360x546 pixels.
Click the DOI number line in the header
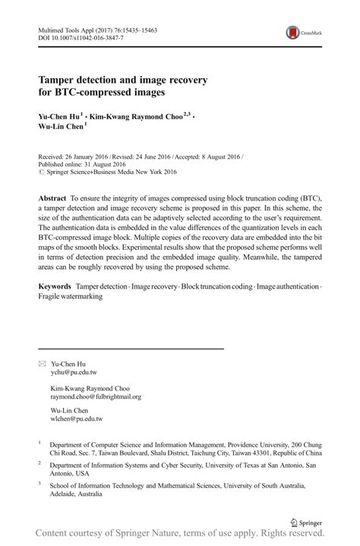pos(74,36)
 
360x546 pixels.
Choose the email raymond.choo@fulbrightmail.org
pos(96,396)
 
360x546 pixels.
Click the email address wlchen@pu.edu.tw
pos(76,418)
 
